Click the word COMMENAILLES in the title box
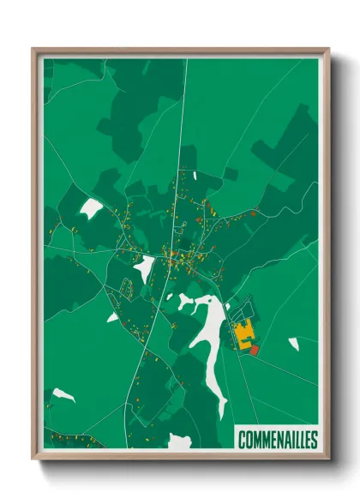pos(278,440)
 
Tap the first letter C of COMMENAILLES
pos(242,440)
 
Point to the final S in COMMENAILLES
pos(314,440)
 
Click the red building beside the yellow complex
pos(254,350)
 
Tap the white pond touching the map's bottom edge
pos(180,441)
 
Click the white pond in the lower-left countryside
pos(63,395)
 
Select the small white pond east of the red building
pos(294,344)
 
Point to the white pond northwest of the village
pos(91,207)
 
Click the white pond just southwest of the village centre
pos(144,268)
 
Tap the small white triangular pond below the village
pos(112,317)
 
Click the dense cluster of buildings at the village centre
pos(176,257)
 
